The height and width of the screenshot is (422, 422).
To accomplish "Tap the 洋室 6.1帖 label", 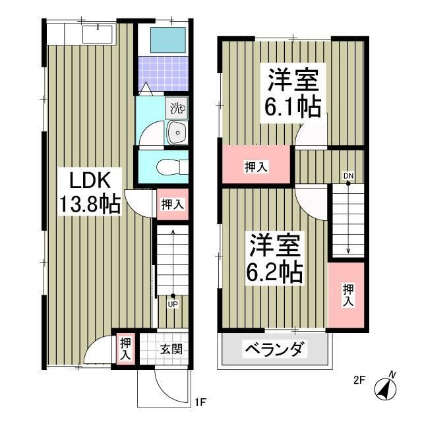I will [293, 93].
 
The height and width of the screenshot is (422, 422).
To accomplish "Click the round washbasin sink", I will [177, 133].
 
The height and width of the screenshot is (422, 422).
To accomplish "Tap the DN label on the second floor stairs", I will [347, 175].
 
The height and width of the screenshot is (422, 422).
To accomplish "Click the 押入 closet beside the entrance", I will [125, 348].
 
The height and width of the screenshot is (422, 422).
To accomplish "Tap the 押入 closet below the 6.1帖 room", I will [256, 167].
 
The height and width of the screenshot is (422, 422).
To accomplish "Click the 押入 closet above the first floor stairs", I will [172, 204].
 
